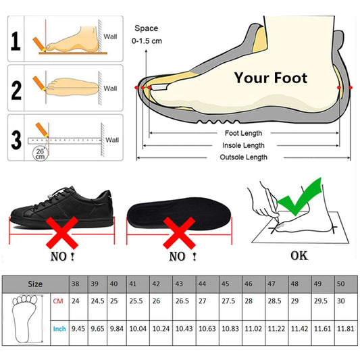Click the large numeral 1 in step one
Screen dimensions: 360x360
(16, 41)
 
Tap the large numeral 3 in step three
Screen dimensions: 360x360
(16, 140)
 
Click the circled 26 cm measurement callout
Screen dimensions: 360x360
(40, 153)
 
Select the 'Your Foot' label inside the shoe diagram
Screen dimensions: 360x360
(271, 78)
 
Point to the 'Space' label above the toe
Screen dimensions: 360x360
(147, 28)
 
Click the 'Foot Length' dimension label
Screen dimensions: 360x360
(243, 133)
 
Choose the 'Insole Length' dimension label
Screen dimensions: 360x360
(243, 145)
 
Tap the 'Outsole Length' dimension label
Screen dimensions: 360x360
(243, 157)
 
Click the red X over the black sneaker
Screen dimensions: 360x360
(62, 233)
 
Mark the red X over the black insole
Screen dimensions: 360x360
(179, 233)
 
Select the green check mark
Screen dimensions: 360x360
(299, 197)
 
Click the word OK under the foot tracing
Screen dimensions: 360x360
(299, 256)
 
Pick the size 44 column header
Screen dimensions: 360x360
(202, 284)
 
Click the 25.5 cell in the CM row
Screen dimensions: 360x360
(136, 301)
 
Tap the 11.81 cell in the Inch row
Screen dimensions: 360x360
(345, 329)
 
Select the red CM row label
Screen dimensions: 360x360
(58, 301)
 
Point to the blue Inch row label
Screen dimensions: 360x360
(59, 329)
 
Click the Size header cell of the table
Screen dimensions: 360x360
(35, 284)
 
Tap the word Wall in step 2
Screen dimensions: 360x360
(110, 88)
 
